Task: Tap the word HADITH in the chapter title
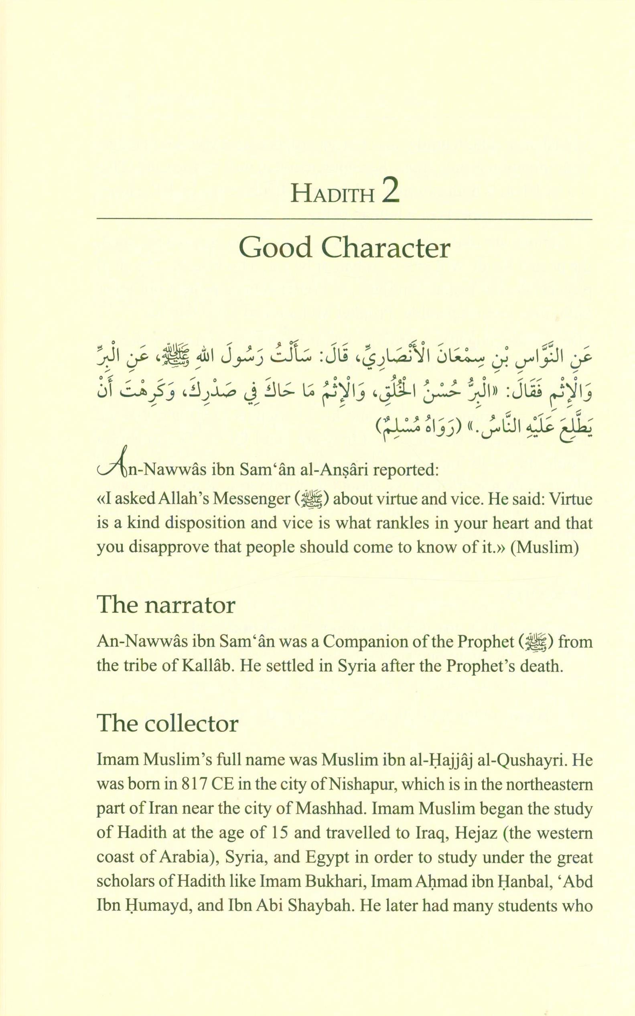click(x=332, y=195)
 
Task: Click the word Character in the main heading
click(x=386, y=248)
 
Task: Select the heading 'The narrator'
click(x=166, y=606)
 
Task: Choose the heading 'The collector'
click(x=168, y=723)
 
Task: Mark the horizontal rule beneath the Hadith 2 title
click(x=345, y=219)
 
